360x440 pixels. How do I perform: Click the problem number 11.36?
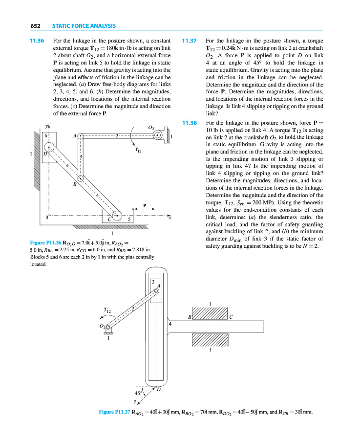(x=37, y=41)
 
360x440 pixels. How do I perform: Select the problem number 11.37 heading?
(x=189, y=41)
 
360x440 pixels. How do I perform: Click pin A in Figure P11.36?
(x=81, y=136)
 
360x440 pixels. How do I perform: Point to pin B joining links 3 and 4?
(x=81, y=178)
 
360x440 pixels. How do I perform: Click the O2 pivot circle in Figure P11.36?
(x=157, y=136)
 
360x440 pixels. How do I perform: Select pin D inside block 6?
(x=49, y=147)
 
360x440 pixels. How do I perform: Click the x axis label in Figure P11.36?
(x=169, y=218)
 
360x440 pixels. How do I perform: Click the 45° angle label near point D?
(x=139, y=392)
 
